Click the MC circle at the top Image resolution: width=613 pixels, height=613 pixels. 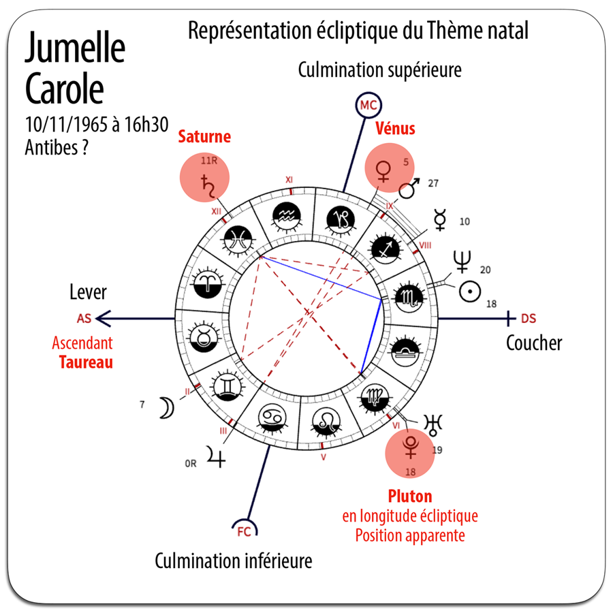point(368,105)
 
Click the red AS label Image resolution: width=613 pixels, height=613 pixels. point(84,319)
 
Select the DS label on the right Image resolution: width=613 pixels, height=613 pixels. point(529,319)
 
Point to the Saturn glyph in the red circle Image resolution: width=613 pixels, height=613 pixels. point(208,186)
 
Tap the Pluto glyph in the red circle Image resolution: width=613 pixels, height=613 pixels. point(411,447)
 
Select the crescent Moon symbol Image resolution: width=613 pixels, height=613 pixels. point(167,408)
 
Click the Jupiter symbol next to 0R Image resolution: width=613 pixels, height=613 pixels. point(216,457)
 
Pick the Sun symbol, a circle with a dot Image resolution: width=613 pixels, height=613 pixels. point(469,292)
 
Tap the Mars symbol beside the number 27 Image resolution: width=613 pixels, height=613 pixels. point(409,188)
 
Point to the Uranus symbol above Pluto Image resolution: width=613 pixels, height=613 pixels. point(433,424)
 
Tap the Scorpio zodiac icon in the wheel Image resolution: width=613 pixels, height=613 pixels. point(409,297)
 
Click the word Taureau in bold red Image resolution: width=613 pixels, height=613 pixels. point(86,362)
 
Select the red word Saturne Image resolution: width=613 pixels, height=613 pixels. point(204,136)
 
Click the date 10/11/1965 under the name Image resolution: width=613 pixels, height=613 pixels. point(67,125)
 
